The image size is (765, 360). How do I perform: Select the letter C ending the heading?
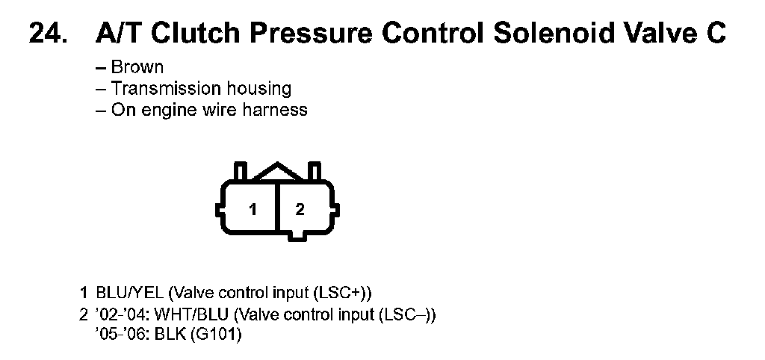[x=713, y=34]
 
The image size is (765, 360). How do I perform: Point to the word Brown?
[x=137, y=66]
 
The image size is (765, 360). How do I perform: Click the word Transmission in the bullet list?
[x=161, y=88]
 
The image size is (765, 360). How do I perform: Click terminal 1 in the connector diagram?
[x=253, y=210]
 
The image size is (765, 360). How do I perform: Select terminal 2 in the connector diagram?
[x=300, y=210]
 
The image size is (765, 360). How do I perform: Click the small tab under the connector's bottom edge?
[x=300, y=236]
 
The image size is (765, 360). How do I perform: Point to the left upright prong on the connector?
[x=240, y=171]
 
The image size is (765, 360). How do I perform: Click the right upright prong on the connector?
[x=315, y=171]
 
